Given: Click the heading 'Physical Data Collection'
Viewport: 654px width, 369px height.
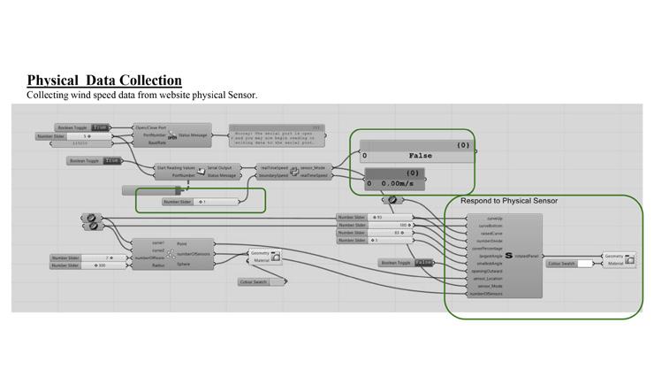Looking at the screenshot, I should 104,81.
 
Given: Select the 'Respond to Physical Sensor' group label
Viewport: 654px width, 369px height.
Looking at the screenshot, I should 508,201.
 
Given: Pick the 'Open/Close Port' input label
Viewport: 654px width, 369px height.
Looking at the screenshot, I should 151,127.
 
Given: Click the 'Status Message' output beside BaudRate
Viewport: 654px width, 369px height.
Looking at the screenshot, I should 193,135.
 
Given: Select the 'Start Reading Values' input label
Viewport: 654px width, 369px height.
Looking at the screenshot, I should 175,167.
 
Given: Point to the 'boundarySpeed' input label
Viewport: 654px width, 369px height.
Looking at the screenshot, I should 273,175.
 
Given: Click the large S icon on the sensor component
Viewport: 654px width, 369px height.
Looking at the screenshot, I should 507,255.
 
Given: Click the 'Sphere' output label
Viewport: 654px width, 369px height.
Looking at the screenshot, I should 183,264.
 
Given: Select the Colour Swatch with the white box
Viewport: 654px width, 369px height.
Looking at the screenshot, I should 569,263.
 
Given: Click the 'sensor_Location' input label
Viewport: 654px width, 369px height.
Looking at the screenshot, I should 489,279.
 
